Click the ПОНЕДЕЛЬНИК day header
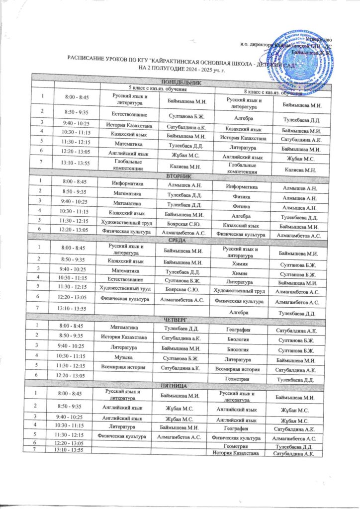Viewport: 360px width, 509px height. [180, 83]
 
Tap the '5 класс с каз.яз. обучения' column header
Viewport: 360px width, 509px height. [158, 88]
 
